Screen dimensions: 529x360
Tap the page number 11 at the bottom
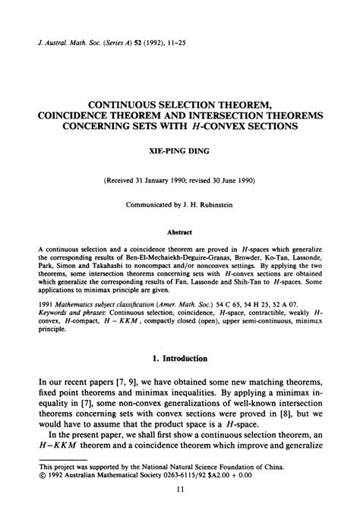point(180,512)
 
